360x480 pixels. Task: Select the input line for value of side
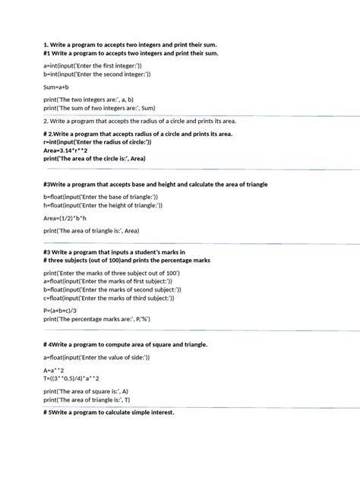94,356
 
